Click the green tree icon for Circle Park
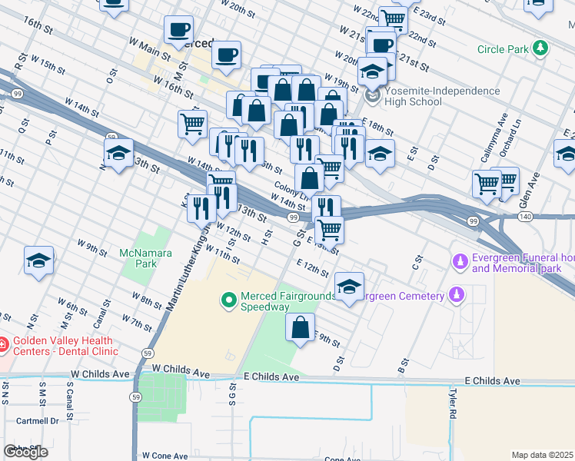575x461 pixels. pyautogui.click(x=541, y=48)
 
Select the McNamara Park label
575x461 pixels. pyautogui.click(x=138, y=258)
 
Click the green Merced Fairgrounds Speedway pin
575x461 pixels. pyautogui.click(x=228, y=300)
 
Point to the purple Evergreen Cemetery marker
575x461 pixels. pyautogui.click(x=457, y=295)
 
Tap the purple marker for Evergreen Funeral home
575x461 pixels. pyautogui.click(x=460, y=262)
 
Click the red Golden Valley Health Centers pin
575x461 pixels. pyautogui.click(x=2, y=345)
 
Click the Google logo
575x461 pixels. pyautogui.click(x=25, y=452)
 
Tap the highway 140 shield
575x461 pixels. pyautogui.click(x=504, y=218)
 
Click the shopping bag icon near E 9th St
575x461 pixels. pyautogui.click(x=300, y=327)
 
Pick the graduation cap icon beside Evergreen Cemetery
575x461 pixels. pyautogui.click(x=349, y=287)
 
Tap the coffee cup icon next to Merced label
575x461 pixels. pyautogui.click(x=179, y=29)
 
